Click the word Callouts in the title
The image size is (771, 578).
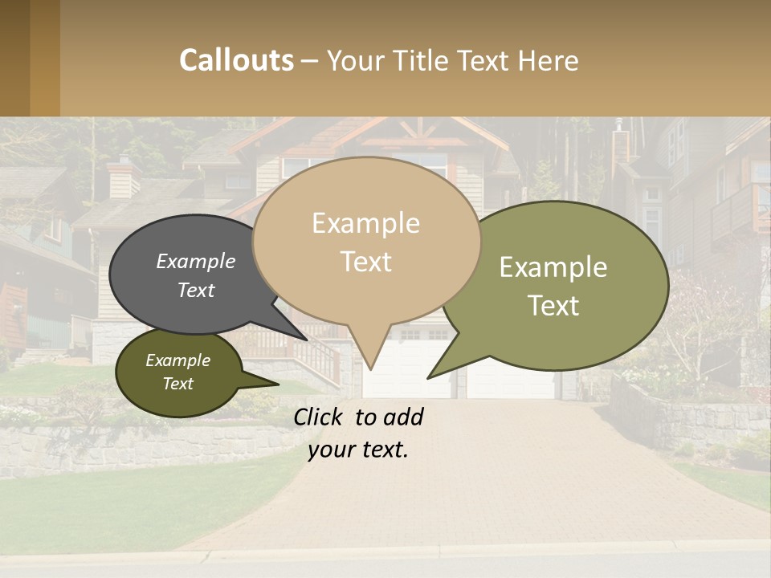[236, 60]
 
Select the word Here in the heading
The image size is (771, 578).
[546, 61]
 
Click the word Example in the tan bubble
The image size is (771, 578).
[365, 223]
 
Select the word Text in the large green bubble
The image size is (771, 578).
[553, 306]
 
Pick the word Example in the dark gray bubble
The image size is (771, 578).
[195, 261]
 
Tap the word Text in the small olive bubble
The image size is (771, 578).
[177, 384]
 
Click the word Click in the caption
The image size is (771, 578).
[320, 417]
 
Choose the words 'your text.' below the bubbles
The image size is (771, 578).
[357, 450]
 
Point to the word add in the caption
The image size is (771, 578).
[403, 417]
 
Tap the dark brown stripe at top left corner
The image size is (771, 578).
[14, 58]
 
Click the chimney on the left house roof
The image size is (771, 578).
[123, 178]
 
